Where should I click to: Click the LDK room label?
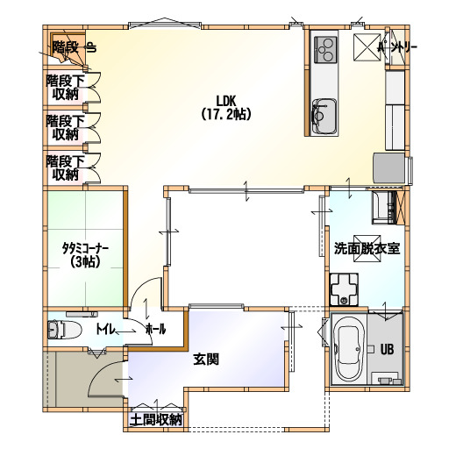tap(225, 101)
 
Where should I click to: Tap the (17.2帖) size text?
tap(226, 114)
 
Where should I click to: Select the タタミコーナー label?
tap(85, 249)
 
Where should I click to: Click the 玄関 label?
tap(206, 360)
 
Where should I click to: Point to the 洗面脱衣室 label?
tap(367, 249)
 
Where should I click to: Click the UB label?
tap(387, 349)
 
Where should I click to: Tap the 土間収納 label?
tap(156, 420)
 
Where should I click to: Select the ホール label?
tap(156, 330)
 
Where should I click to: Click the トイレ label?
tap(105, 330)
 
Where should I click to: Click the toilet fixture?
tap(64, 330)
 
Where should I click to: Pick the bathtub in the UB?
tap(348, 349)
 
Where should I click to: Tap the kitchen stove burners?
tap(325, 49)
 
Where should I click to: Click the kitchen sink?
tap(324, 117)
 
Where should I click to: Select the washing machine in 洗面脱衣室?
tap(344, 289)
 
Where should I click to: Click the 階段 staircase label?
tap(66, 47)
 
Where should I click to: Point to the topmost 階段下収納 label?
tap(66, 87)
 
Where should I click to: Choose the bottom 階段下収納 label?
tap(66, 167)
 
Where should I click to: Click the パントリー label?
tap(397, 47)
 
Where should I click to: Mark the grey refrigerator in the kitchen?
tap(388, 168)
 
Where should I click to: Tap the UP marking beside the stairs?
tap(91, 47)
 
